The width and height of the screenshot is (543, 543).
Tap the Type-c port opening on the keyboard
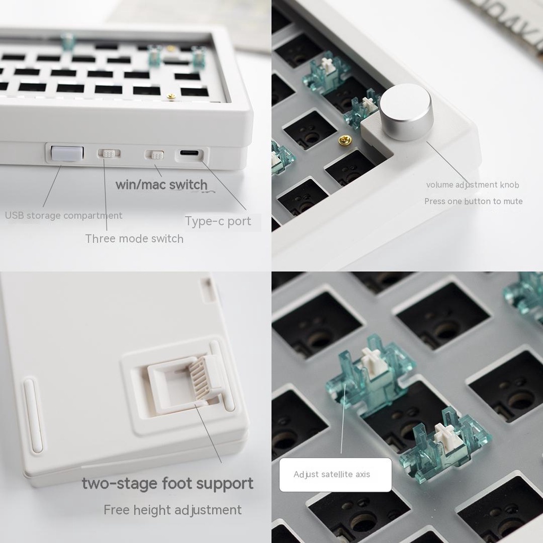pos(189,153)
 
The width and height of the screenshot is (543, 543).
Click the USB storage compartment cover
pos(67,153)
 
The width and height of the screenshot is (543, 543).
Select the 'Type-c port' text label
pos(218,221)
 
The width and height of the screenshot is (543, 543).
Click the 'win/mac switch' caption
pos(161,185)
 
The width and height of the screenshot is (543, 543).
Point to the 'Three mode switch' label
pos(134,239)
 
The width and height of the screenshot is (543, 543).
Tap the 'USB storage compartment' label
pos(64,215)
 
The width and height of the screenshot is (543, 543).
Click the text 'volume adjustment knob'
pos(472,185)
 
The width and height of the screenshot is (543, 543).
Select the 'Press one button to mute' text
pos(474,201)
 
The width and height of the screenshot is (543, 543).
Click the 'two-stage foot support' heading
pos(168,484)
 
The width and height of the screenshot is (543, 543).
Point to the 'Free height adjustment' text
pos(172,510)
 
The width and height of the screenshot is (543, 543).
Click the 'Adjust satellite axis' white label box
pos(336,475)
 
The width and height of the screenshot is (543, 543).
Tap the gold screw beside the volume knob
pos(345,140)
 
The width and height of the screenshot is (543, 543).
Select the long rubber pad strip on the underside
pos(33,416)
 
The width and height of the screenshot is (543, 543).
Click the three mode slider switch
pos(109,153)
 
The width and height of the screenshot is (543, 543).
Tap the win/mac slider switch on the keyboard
pos(155,154)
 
